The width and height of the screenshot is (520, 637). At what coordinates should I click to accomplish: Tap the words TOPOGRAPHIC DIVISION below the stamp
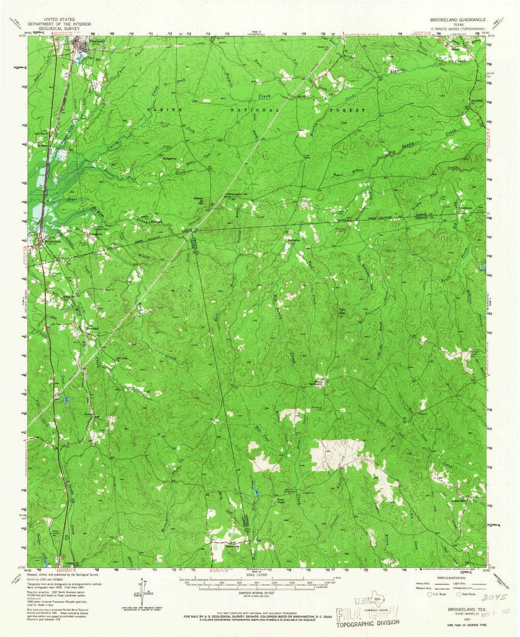(x=368, y=623)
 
